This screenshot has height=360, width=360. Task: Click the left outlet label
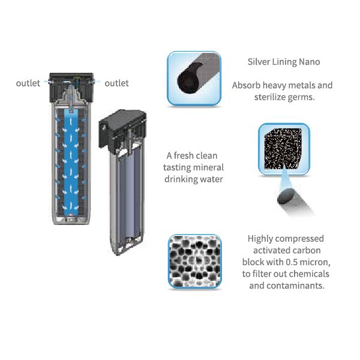point(28,83)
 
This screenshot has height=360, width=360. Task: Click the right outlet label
point(116,83)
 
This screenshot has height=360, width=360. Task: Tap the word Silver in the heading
point(259,62)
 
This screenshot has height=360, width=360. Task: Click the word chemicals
point(309,274)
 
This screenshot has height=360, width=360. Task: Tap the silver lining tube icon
point(194,79)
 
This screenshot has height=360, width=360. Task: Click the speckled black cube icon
point(284,149)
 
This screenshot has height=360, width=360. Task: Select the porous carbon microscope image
point(194,261)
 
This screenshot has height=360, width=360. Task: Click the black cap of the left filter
point(71,87)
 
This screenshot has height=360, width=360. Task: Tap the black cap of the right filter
point(122,128)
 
